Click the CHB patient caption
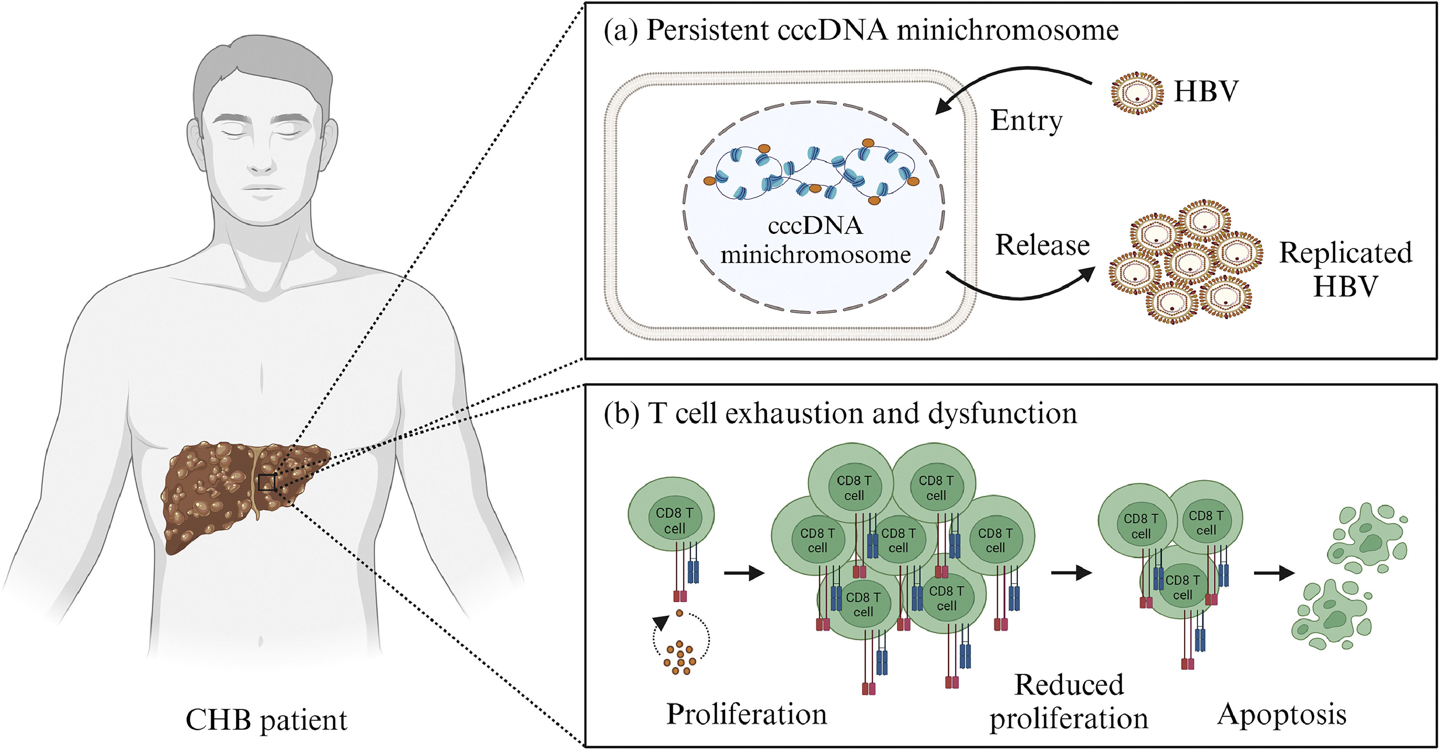pyautogui.click(x=266, y=720)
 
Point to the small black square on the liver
pyautogui.click(x=267, y=482)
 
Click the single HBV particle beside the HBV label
pyautogui.click(x=1137, y=93)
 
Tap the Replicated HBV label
pyautogui.click(x=1345, y=269)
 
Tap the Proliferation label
pyautogui.click(x=746, y=714)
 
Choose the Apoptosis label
pyautogui.click(x=1282, y=715)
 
